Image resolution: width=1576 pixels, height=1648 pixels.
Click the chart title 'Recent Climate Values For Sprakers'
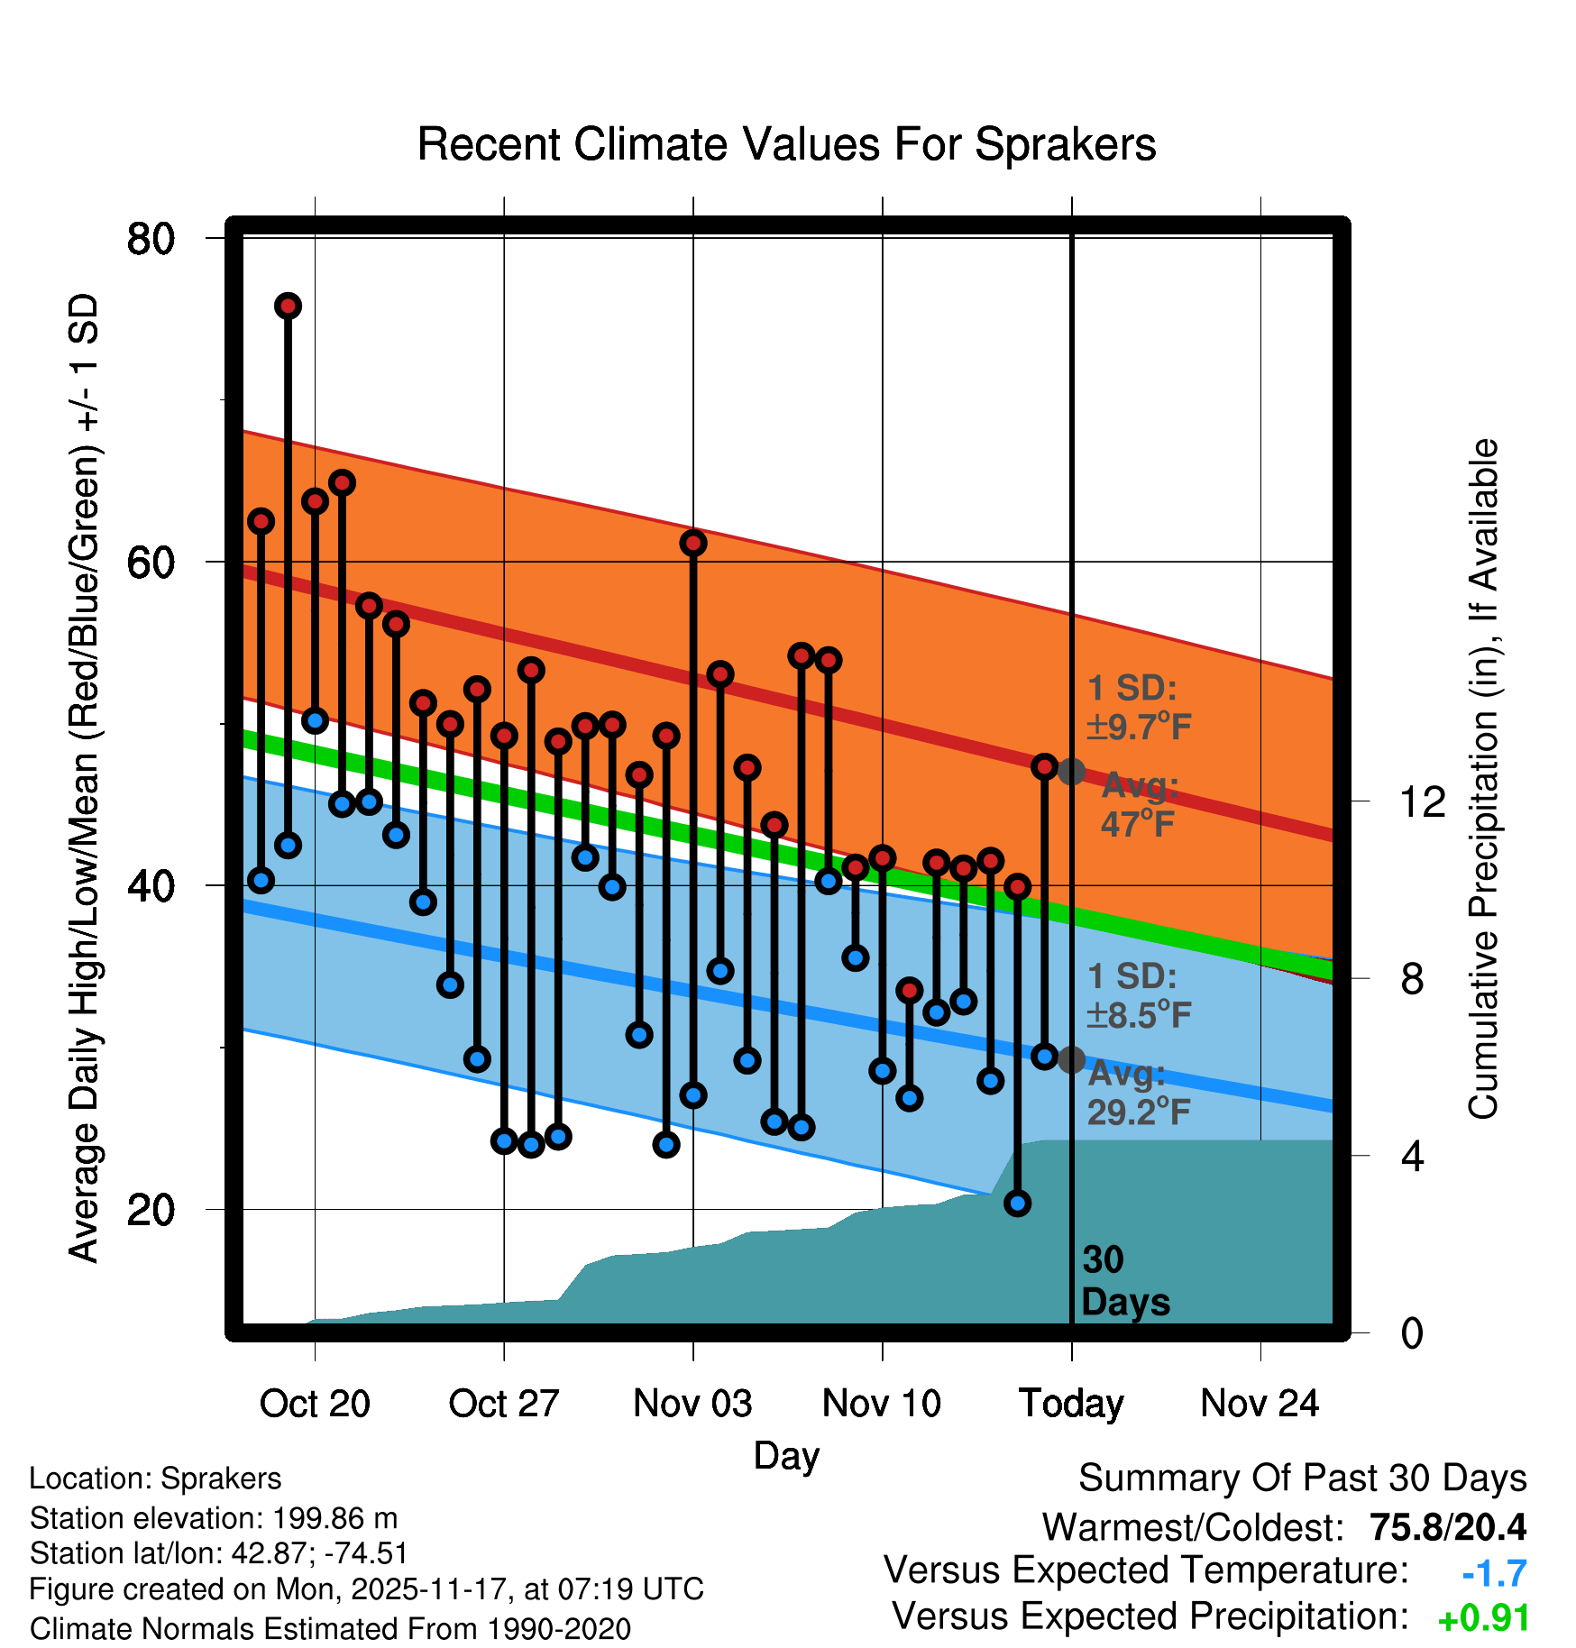(786, 144)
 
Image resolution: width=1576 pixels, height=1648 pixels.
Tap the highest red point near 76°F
(288, 307)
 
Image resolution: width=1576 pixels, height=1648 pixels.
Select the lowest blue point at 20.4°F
(1017, 1203)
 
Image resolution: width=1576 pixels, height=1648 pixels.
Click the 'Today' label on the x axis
(1071, 1404)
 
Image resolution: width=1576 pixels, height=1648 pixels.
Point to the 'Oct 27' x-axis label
(504, 1404)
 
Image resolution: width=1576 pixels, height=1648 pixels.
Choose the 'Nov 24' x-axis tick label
(1260, 1404)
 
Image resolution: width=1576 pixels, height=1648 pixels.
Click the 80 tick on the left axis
(151, 239)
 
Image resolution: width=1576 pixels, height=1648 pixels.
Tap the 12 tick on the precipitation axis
(1422, 801)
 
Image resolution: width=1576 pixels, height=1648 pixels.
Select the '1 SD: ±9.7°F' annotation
(1138, 707)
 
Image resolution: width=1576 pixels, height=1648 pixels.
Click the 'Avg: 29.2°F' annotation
(1138, 1093)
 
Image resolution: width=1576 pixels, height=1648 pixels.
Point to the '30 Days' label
(1124, 1281)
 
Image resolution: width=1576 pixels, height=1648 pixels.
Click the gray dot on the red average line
(1071, 772)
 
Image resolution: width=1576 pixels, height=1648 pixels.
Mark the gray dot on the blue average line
(1071, 1059)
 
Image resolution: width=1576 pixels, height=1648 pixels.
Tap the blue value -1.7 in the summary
(1494, 1573)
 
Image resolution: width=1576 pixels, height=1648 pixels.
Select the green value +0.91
(1483, 1618)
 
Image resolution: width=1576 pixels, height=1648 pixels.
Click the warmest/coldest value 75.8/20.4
(1447, 1527)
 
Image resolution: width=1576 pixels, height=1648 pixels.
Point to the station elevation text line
(214, 1518)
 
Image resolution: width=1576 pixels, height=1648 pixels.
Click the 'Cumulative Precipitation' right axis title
(1483, 780)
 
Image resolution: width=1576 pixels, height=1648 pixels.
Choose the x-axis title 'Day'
(786, 1456)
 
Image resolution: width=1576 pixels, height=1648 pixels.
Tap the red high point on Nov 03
(693, 543)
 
